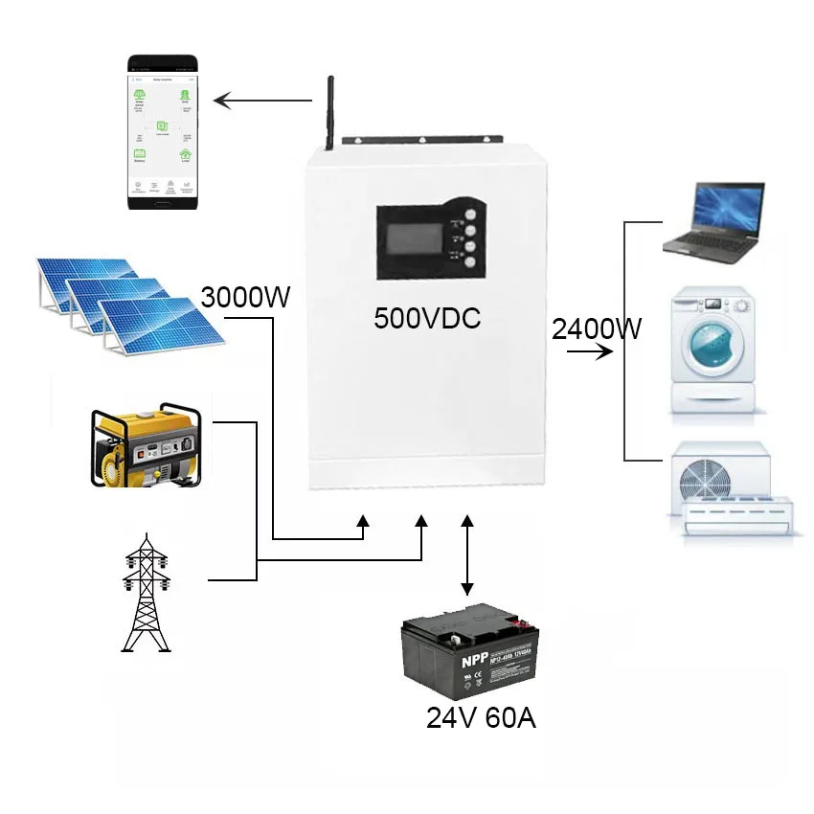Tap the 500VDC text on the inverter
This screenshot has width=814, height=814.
pyautogui.click(x=427, y=318)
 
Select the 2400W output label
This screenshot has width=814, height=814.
pyautogui.click(x=596, y=329)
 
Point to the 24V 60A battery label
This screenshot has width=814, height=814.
pyautogui.click(x=481, y=717)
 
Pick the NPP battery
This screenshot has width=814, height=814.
pyautogui.click(x=470, y=656)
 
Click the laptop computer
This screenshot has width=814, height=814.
pyautogui.click(x=715, y=223)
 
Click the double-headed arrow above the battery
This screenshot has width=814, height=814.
pyautogui.click(x=467, y=556)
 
